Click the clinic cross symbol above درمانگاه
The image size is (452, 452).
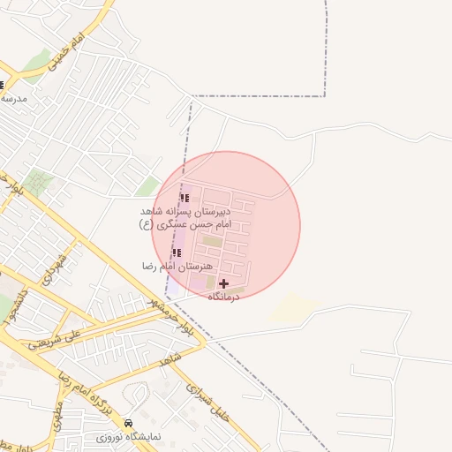coord(223,284)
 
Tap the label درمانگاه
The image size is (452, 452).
coord(223,298)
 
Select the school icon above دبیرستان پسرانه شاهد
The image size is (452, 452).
coord(185,199)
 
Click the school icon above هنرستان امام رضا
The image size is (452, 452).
coord(176,253)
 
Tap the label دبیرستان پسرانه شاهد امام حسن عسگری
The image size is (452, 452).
coord(185,218)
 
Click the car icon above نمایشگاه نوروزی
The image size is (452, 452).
coord(130,425)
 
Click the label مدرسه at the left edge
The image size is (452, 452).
coord(14,99)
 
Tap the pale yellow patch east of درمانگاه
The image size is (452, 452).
coord(294,308)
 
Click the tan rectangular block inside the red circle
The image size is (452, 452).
coord(212,240)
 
